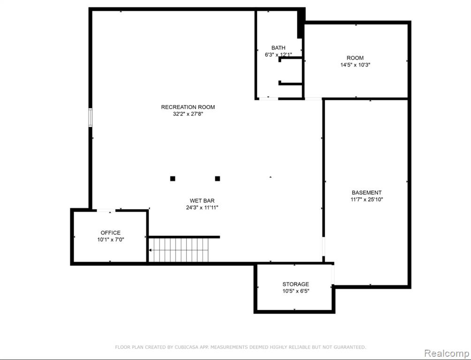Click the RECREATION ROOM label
(x=188, y=107)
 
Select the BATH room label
(x=279, y=48)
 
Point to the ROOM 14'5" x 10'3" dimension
(x=355, y=65)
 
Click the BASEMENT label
(x=366, y=193)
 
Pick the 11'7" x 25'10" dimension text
(x=367, y=199)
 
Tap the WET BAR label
(x=202, y=201)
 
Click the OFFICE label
(x=111, y=232)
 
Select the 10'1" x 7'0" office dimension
(x=111, y=240)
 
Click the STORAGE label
(x=296, y=284)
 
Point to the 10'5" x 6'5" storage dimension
(x=296, y=291)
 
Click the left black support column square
(x=173, y=179)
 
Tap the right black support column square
(x=218, y=179)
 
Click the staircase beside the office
(x=179, y=250)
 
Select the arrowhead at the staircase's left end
(x=150, y=250)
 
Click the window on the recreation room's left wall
(x=90, y=117)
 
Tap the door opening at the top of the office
(x=106, y=210)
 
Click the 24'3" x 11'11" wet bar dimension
(x=202, y=208)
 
